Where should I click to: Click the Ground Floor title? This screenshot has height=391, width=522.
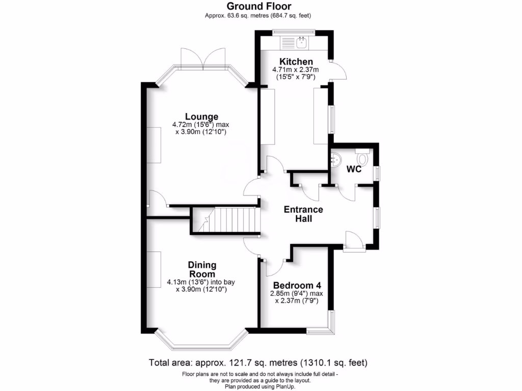pos(258,7)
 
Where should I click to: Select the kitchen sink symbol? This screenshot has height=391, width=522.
pos(302,42)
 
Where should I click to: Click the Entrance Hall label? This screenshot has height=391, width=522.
pos(303,214)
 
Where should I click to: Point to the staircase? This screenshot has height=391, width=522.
pos(224,220)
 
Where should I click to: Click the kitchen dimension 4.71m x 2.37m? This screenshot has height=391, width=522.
pos(296,70)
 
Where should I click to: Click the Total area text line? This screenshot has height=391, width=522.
pos(258,363)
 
